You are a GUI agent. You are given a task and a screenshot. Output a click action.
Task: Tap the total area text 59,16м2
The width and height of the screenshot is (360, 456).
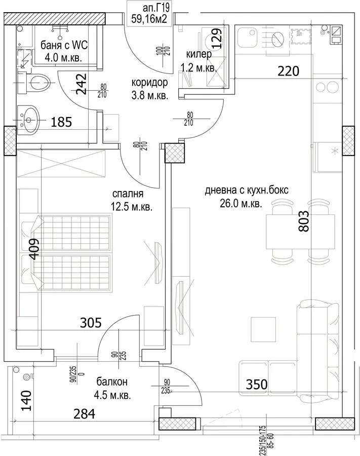[x=149, y=19]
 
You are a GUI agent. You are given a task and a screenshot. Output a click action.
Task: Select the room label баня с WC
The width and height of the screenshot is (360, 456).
[x=64, y=46]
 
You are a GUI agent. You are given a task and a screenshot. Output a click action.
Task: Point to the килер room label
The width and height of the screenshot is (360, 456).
[x=199, y=54]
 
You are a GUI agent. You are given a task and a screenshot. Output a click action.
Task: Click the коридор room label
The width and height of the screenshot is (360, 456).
[x=150, y=82]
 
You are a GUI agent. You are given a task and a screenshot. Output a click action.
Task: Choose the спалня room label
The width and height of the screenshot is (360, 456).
[x=128, y=194]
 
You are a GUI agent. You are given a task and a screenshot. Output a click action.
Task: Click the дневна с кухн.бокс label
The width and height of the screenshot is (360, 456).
[x=247, y=191]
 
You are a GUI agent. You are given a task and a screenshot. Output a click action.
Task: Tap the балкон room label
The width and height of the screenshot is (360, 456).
[x=112, y=382]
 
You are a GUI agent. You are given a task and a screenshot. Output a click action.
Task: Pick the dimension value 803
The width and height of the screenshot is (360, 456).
[x=304, y=221]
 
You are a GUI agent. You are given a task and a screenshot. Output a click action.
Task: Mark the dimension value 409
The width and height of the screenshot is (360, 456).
[x=34, y=249]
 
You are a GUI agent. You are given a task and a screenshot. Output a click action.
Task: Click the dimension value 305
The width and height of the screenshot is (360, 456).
[x=91, y=323]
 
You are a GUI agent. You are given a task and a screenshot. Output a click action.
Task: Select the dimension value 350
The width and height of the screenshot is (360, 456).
[x=257, y=385]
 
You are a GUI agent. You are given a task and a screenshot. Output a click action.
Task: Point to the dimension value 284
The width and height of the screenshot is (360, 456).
[x=84, y=414]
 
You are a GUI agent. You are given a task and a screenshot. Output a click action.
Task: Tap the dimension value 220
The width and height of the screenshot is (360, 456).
[x=288, y=71]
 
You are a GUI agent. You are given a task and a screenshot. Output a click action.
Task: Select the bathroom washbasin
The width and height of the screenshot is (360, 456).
[x=28, y=120]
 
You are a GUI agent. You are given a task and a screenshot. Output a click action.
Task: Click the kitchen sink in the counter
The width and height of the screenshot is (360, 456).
[x=247, y=38]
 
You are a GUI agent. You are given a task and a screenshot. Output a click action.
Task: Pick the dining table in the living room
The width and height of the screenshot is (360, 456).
[x=300, y=232]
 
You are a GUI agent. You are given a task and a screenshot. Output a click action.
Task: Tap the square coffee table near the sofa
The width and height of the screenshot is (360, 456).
[x=263, y=329]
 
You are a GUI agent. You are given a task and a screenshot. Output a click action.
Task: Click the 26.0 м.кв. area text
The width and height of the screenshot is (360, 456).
[x=241, y=204]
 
